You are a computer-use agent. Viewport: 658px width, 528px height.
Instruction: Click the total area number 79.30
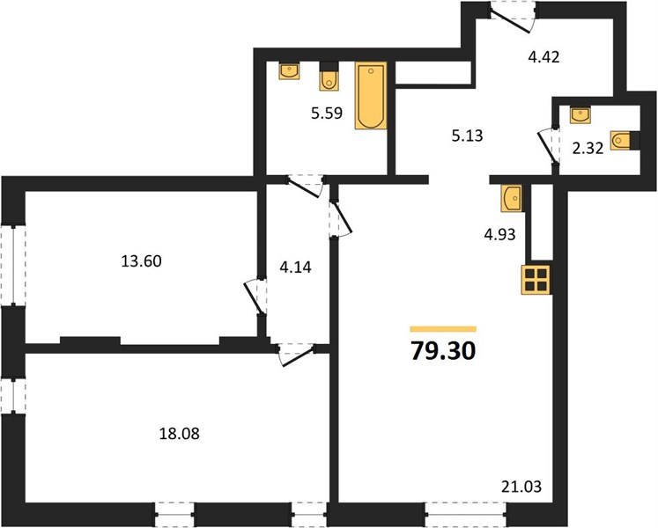pyautogui.click(x=444, y=351)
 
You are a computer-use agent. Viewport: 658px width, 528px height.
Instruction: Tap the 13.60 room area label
pyautogui.click(x=142, y=261)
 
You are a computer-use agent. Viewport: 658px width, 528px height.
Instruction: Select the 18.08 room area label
pyautogui.click(x=179, y=434)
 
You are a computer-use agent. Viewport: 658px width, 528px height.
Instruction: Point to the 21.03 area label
pyautogui.click(x=521, y=487)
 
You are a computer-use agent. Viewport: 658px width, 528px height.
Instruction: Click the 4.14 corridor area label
pyautogui.click(x=296, y=268)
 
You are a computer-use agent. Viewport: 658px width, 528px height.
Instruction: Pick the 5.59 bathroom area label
pyautogui.click(x=327, y=114)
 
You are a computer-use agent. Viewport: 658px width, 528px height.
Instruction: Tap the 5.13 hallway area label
pyautogui.click(x=467, y=136)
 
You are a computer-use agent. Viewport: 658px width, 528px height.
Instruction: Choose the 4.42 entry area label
pyautogui.click(x=543, y=56)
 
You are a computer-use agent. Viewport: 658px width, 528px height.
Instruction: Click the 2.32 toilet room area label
pyautogui.click(x=588, y=149)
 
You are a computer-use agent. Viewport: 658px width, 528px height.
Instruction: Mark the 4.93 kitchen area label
pyautogui.click(x=499, y=234)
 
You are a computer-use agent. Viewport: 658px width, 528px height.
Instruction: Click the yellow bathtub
pyautogui.click(x=371, y=96)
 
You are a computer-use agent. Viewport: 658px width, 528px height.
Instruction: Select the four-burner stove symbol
pyautogui.click(x=536, y=280)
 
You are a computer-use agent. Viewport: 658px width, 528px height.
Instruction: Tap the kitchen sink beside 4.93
pyautogui.click(x=511, y=198)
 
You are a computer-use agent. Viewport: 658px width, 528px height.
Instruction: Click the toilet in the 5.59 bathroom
pyautogui.click(x=329, y=77)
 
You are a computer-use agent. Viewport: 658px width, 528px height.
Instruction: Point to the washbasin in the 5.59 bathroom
pyautogui.click(x=289, y=70)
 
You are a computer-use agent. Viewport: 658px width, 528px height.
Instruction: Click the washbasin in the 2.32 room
pyautogui.click(x=580, y=115)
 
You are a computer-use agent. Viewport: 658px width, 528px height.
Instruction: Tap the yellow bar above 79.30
pyautogui.click(x=444, y=329)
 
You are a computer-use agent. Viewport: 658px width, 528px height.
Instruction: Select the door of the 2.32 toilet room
pyautogui.click(x=549, y=147)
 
